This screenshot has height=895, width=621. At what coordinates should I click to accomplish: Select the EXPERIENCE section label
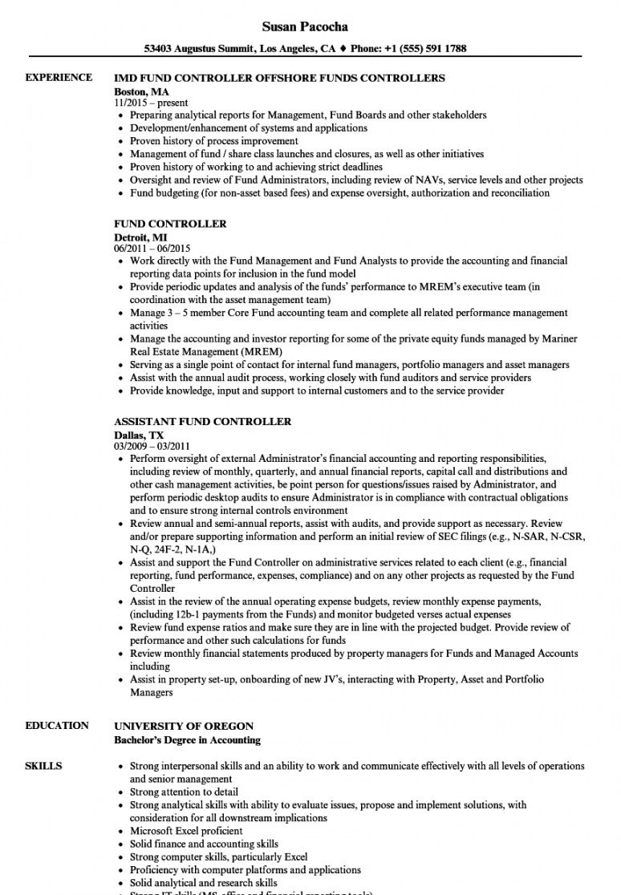(x=59, y=78)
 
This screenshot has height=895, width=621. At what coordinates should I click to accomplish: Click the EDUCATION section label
(x=57, y=726)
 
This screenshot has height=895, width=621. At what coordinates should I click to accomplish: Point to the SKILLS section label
(x=43, y=766)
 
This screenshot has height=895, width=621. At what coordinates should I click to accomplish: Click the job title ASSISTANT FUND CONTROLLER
(x=202, y=421)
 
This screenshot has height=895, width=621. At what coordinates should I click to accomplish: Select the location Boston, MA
(x=141, y=91)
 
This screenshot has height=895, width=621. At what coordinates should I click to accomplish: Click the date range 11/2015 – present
(x=151, y=103)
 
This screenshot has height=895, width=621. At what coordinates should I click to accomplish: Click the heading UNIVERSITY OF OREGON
(x=184, y=726)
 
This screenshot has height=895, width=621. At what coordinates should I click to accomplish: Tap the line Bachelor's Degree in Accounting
(x=187, y=739)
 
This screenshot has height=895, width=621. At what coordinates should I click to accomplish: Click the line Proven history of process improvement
(x=213, y=141)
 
